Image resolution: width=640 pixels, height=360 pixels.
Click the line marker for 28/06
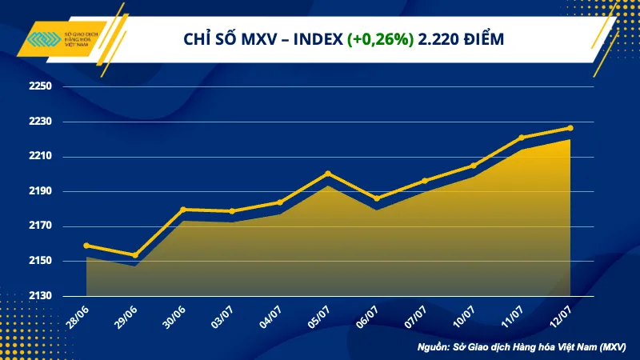86,246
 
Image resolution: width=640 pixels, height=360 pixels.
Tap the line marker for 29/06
134,255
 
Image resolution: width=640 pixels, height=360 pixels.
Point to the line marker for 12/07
570,128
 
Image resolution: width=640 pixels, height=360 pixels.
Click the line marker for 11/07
522,138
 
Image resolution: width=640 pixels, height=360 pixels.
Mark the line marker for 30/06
183,210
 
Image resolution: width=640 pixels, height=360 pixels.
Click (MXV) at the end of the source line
611,347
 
